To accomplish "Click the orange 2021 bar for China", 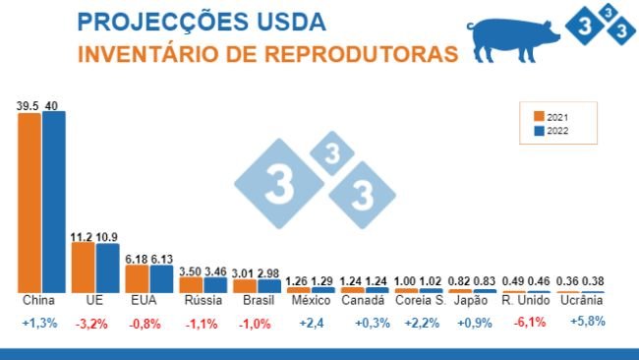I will click(x=29, y=202).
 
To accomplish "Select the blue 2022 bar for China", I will click(x=54, y=201).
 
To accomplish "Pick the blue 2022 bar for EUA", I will click(x=161, y=277).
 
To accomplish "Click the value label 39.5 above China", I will click(x=28, y=104).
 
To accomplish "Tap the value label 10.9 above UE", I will click(x=108, y=237).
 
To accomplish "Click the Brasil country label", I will click(x=258, y=300).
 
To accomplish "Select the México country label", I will click(x=311, y=300).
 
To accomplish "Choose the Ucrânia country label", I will click(x=581, y=300).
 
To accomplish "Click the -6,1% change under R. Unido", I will click(x=527, y=323).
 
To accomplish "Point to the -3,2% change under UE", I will click(x=95, y=323).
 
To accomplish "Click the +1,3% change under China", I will click(x=41, y=323).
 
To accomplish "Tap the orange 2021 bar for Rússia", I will click(x=191, y=284).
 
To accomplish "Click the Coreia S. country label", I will click(x=419, y=300).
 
